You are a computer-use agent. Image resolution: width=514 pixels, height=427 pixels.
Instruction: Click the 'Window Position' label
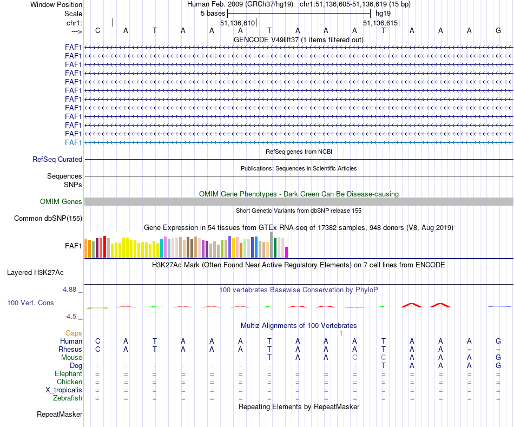56,4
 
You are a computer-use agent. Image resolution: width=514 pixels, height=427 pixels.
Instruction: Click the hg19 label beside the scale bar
383,13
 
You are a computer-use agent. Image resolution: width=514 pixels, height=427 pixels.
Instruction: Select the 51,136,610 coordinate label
237,23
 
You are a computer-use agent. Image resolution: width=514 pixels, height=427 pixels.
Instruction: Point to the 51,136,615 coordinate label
380,23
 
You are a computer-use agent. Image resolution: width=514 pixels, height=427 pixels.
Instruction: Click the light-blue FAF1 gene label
73,142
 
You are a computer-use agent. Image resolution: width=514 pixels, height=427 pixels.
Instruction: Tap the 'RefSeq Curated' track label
57,160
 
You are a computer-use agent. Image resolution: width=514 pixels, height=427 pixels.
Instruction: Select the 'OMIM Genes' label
61,202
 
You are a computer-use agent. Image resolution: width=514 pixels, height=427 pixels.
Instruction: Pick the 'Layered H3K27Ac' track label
39,272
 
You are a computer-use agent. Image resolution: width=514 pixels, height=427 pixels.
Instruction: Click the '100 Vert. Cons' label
30,303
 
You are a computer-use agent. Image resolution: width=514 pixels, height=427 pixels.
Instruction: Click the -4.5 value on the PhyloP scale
73,317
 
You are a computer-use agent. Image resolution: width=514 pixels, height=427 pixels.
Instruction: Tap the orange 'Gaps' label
74,333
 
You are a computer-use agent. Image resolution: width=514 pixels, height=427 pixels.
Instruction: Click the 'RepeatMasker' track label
60,415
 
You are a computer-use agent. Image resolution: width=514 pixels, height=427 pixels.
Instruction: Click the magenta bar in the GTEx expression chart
287,252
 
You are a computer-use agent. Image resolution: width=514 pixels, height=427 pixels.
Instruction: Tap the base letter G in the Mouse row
498,358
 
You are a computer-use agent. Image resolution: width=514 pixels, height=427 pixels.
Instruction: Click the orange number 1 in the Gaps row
341,333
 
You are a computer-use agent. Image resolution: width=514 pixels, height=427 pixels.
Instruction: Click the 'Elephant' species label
68,374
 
